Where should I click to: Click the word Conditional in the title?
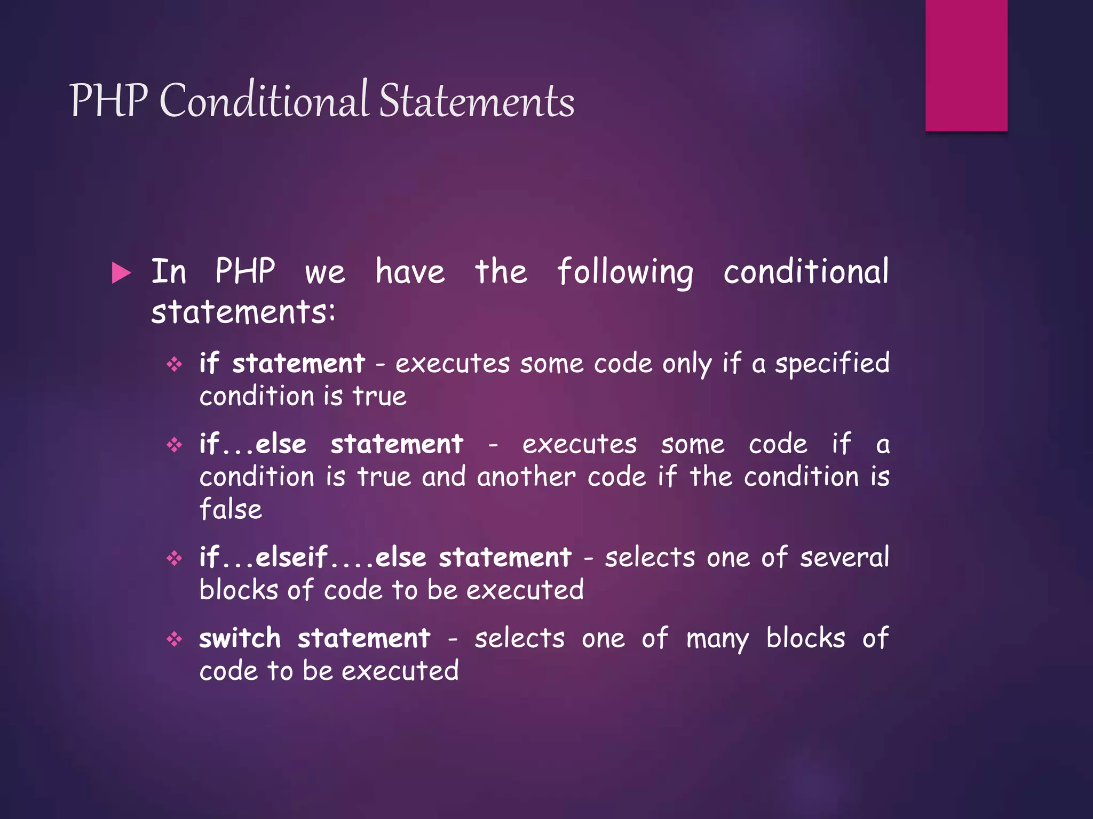click(264, 100)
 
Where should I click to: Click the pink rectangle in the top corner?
click(966, 65)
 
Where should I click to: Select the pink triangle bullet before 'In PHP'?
click(121, 273)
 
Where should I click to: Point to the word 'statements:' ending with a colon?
click(243, 312)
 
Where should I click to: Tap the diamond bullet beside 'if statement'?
click(175, 365)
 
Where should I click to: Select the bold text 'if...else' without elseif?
click(253, 444)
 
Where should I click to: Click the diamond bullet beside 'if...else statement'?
click(175, 445)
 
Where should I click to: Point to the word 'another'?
click(526, 477)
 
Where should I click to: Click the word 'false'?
click(231, 509)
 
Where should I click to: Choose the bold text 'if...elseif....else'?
click(313, 558)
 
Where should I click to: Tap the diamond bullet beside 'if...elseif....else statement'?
click(175, 558)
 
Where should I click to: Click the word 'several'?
click(844, 558)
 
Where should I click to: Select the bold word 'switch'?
click(240, 638)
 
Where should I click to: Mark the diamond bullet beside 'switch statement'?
click(175, 639)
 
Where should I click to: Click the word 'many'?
click(717, 639)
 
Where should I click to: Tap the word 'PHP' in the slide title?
click(108, 100)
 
